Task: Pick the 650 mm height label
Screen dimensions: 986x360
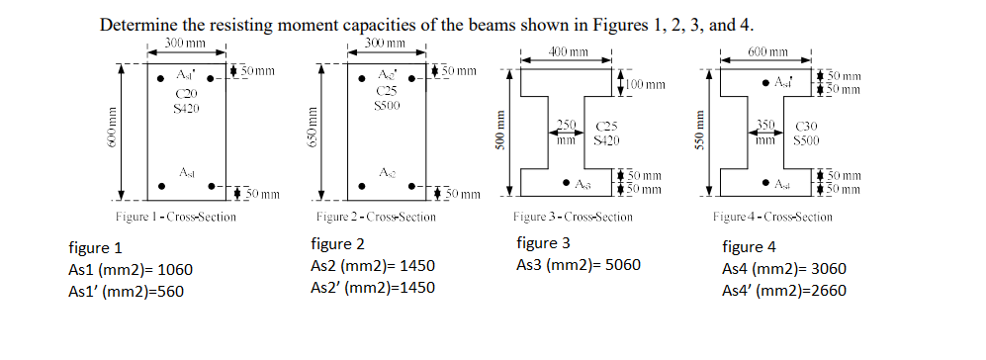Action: (314, 130)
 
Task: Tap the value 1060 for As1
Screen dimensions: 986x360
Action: (169, 269)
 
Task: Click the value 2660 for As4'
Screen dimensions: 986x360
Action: (826, 291)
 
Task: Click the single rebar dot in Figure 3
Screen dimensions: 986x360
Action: (565, 183)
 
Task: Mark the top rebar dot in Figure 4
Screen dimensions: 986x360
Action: (766, 82)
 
